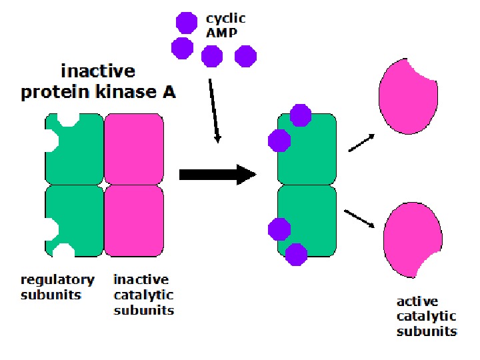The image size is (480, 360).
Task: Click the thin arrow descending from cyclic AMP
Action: pos(214,110)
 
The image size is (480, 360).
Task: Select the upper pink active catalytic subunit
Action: pos(407,93)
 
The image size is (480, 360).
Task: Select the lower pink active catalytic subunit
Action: pos(411,237)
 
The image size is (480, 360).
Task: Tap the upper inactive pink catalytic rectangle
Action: pos(134,147)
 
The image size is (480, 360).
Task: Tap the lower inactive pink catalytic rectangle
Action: pos(134,220)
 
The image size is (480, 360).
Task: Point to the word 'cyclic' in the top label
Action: pos(225,19)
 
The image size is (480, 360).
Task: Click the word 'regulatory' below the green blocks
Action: pos(57,279)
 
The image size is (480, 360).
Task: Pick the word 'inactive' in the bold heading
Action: pos(98,71)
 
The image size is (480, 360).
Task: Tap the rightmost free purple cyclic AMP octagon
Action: pos(246,56)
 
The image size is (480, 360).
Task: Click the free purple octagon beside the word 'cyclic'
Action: pos(187,23)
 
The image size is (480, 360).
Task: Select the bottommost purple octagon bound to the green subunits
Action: pos(296,253)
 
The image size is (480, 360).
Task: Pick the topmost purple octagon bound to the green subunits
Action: pos(301,115)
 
